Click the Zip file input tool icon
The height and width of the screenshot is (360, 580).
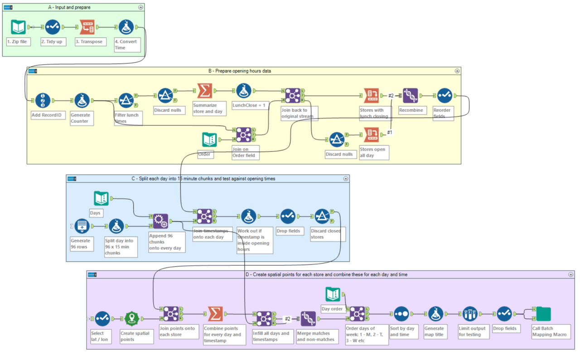pos(19,27)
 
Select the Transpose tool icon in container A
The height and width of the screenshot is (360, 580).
pos(87,27)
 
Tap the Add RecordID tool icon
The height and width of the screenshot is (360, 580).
pos(43,101)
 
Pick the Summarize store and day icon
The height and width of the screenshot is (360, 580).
pos(205,91)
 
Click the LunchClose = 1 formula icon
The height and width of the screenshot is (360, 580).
pos(244,91)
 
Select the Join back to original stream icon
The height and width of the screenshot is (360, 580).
pos(293,96)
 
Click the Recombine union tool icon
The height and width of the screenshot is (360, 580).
pos(411,96)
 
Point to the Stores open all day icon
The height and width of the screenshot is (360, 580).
pos(372,134)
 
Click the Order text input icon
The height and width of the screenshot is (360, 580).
pos(209,139)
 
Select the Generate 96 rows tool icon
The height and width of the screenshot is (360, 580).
pos(82,226)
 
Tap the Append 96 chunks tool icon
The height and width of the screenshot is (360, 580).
pos(160,221)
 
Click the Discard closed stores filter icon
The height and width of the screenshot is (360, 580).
pos(322,216)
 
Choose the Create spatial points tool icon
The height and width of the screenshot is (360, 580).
pos(131,319)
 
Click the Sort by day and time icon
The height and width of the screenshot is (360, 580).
pos(401,314)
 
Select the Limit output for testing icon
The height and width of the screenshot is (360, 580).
pos(470,314)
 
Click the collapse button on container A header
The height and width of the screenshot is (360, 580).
pos(140,7)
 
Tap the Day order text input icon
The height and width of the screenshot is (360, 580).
pos(333,294)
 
